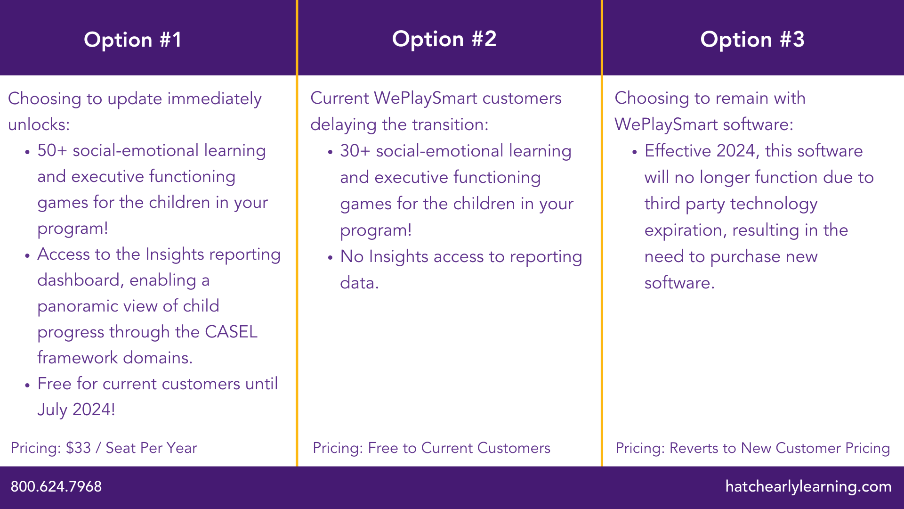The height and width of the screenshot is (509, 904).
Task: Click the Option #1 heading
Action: (x=132, y=40)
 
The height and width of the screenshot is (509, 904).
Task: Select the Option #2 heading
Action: (x=444, y=39)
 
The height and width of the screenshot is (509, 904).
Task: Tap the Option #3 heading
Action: (x=752, y=39)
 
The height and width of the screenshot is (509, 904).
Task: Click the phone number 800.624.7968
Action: (x=56, y=486)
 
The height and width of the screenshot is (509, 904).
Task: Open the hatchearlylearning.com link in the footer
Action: (x=808, y=486)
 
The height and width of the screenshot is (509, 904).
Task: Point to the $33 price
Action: (x=78, y=448)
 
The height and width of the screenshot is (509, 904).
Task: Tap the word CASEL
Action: (x=231, y=332)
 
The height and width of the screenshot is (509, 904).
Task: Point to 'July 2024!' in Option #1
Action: (x=76, y=409)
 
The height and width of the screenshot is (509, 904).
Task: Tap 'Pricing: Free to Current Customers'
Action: (x=431, y=448)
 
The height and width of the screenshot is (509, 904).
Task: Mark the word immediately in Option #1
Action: (x=214, y=99)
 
